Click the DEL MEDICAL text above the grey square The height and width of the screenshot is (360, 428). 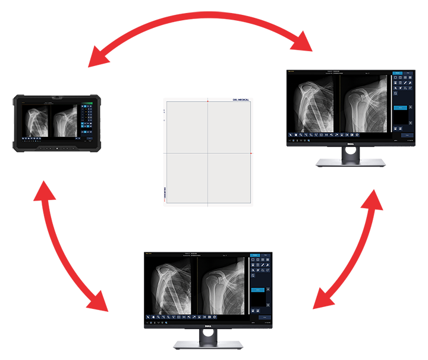[237, 100]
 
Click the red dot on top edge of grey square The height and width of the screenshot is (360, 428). [208, 102]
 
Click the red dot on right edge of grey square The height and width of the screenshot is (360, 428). [251, 153]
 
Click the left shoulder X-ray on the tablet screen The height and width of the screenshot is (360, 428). [36, 121]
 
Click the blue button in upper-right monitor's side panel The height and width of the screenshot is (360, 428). [399, 108]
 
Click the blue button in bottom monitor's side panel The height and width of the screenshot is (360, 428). [259, 290]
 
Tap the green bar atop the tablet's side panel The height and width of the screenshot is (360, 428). [86, 105]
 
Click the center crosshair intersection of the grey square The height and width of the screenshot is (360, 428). [208, 153]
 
